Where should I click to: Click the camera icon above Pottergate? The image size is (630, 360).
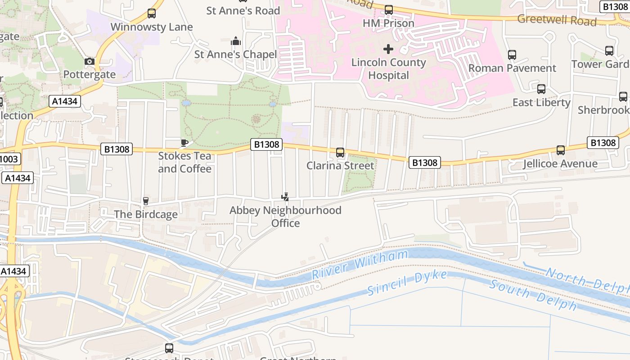pos(90,61)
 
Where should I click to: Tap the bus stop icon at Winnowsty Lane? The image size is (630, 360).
pos(152,13)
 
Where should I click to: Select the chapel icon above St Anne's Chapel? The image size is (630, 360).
pos(236,41)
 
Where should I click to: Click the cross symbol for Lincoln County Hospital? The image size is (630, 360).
pos(388,49)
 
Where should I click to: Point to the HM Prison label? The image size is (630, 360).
pos(388,23)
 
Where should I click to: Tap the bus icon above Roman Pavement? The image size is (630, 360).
pos(512,55)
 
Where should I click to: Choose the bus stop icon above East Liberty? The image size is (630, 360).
pos(541,89)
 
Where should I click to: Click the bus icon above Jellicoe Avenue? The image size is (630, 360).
pos(561,150)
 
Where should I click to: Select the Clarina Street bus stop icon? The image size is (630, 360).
pos(340,153)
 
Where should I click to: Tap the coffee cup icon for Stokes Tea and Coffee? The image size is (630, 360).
pos(184,143)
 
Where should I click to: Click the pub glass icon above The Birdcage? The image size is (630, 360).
pos(145,201)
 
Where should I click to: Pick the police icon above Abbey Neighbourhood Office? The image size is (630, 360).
pos(285,197)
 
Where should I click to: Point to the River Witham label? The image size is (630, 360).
pos(360,265)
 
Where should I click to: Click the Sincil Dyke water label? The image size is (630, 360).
pos(407,283)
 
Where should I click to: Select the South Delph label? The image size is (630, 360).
pos(533,295)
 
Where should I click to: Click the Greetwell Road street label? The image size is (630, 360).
pos(557,20)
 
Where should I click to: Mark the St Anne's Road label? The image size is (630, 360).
pos(243,10)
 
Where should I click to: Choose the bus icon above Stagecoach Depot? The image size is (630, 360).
pos(169,348)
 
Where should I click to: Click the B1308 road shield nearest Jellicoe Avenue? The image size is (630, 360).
pos(603,143)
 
